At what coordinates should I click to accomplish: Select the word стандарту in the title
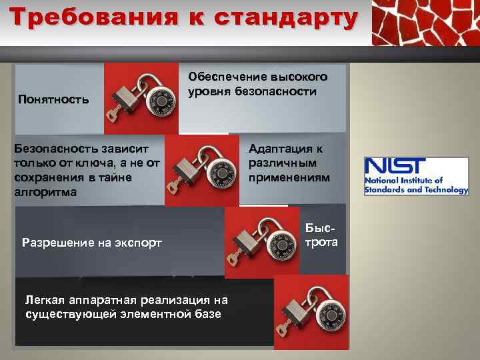[287, 18]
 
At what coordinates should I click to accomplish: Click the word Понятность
[53, 100]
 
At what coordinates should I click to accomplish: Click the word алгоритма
[45, 192]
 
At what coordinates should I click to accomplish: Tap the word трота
[321, 241]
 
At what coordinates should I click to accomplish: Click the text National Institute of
[403, 181]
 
